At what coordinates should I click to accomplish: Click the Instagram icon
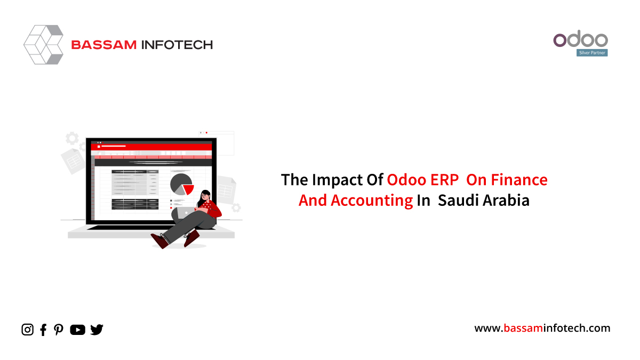click(x=27, y=330)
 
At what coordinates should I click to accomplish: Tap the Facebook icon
click(x=43, y=330)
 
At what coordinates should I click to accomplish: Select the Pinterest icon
click(x=59, y=330)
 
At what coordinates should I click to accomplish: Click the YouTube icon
click(x=77, y=330)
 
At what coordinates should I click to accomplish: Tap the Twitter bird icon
click(x=97, y=330)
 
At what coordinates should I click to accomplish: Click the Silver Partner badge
click(x=591, y=53)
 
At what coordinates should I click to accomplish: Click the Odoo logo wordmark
click(x=580, y=39)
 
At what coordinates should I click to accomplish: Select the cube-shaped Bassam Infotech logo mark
click(x=43, y=45)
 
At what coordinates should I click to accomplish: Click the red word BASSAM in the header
click(x=103, y=45)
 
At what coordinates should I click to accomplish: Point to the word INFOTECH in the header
click(x=177, y=45)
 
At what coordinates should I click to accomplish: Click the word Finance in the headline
click(x=519, y=180)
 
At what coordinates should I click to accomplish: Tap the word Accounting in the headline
click(x=372, y=201)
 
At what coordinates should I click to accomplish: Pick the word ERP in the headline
click(x=444, y=180)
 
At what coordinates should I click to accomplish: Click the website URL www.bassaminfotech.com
click(x=542, y=328)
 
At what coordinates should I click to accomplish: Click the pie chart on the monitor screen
click(x=182, y=185)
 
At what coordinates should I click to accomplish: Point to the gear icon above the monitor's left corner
click(x=72, y=138)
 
